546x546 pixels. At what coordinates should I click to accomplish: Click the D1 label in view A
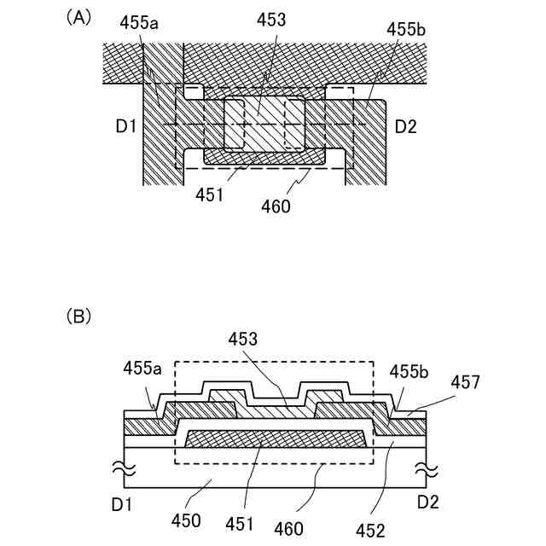click(125, 126)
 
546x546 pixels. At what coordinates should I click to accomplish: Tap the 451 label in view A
click(209, 195)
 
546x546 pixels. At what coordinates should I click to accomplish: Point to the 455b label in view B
click(409, 372)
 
